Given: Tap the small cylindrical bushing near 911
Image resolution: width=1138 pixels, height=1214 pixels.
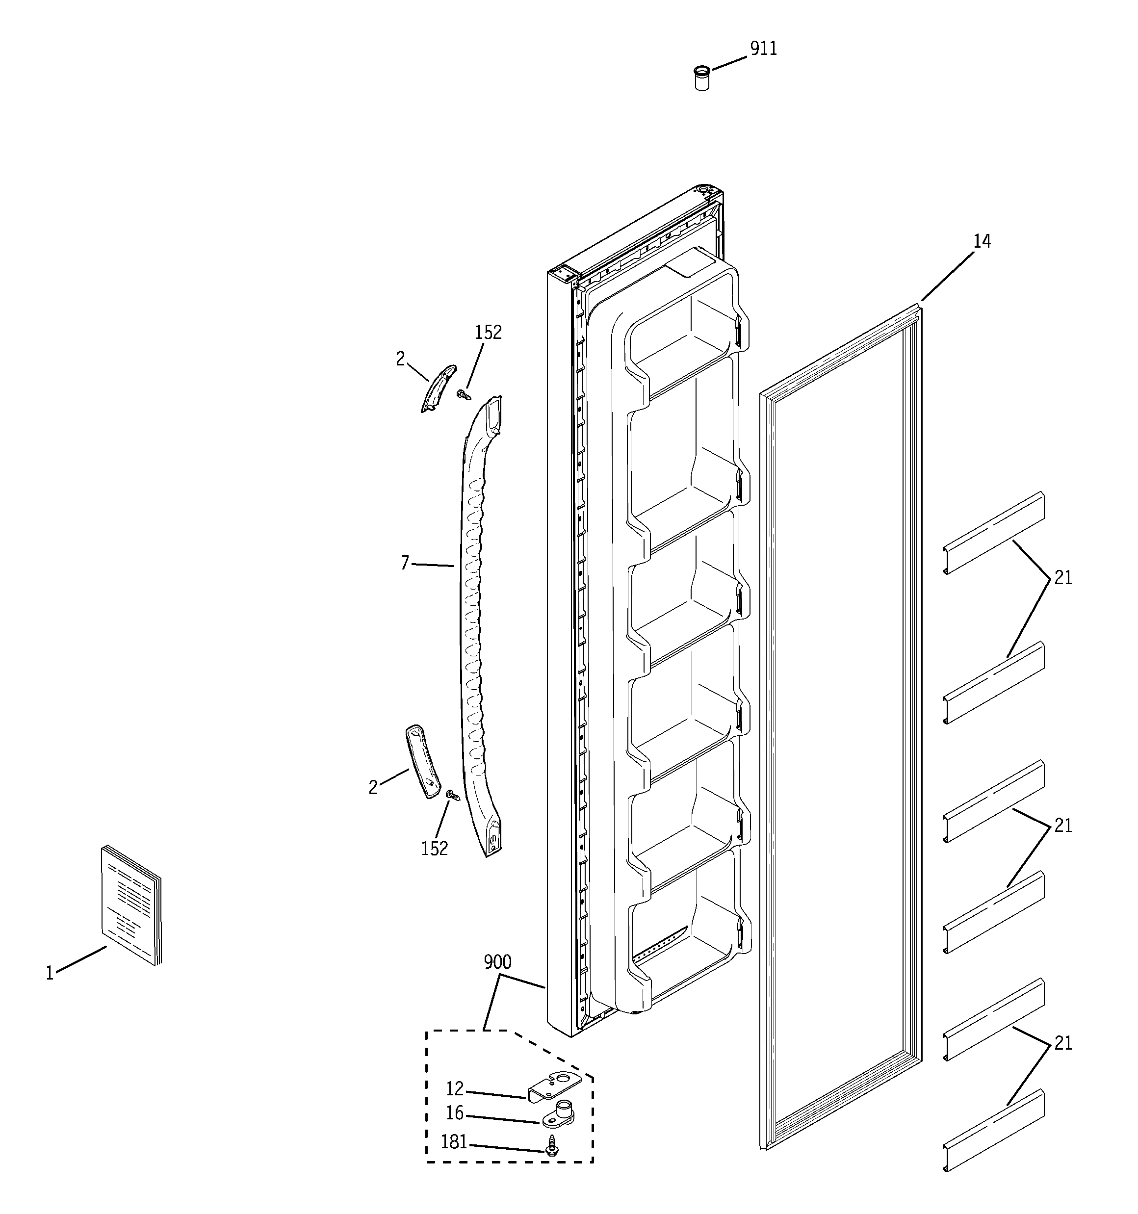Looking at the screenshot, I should coord(702,79).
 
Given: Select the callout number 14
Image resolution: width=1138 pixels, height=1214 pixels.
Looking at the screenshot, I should coord(982,242).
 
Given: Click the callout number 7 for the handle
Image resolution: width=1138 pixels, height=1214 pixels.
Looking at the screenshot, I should coord(404,563).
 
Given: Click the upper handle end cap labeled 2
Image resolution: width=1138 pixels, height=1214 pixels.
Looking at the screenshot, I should coord(439,388).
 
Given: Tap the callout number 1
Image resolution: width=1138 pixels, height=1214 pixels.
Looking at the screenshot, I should coord(50,973).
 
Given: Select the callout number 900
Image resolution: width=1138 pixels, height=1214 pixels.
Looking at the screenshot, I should coord(497,963).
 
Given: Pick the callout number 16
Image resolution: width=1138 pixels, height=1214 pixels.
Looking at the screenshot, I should coord(455,1113).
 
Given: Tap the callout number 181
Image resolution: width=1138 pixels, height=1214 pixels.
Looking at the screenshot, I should coord(454,1142).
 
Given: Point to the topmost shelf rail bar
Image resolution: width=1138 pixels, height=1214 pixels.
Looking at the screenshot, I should coord(993,533).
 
